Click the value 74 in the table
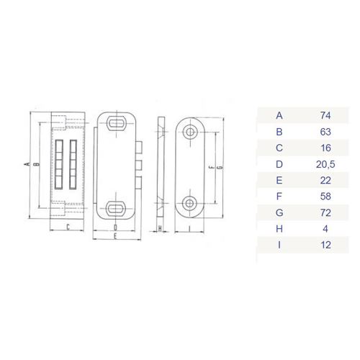click(325, 116)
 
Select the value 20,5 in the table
click(325, 164)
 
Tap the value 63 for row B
click(325, 132)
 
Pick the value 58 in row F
click(325, 197)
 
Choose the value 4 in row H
click(325, 229)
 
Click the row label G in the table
click(279, 212)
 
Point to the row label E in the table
click(279, 180)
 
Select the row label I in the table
click(279, 245)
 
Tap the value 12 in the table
click(325, 245)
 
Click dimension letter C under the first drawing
click(68, 227)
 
